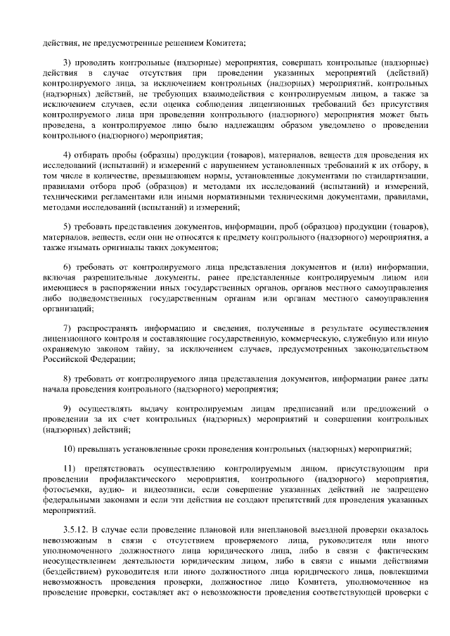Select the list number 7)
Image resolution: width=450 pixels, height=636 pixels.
tap(67, 329)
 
